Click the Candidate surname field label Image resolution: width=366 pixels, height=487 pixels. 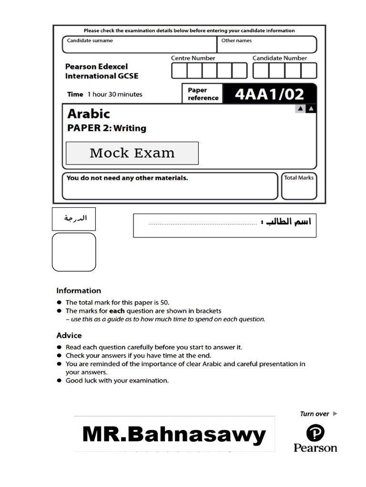pos(90,41)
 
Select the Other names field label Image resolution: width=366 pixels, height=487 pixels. pos(236,41)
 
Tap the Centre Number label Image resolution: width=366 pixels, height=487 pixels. pos(193,58)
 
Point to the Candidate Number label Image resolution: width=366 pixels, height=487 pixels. pos(280,58)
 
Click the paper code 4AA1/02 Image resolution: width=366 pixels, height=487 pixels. pos(269,94)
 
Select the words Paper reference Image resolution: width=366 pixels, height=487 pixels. pos(203,94)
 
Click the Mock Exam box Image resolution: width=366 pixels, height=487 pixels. pos(132,153)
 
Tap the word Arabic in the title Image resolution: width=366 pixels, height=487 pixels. pos(89,114)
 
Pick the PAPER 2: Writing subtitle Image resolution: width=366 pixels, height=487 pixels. pos(107,128)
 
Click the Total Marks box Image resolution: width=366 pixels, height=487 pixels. pos(299,186)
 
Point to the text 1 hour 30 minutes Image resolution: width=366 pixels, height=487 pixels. pos(114,94)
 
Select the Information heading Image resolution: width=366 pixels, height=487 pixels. pos(79,291)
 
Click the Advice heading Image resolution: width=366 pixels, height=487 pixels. pos(69,335)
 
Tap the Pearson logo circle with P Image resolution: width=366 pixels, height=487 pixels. pos(315,433)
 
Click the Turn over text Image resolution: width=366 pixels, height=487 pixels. pos(315,414)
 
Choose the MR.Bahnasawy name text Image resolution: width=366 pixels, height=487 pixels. pos(174,435)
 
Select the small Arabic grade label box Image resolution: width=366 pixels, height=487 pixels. pos(74,219)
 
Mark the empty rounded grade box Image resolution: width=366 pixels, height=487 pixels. pos(74,252)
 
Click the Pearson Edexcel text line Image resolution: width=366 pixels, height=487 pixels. pos(96,67)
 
